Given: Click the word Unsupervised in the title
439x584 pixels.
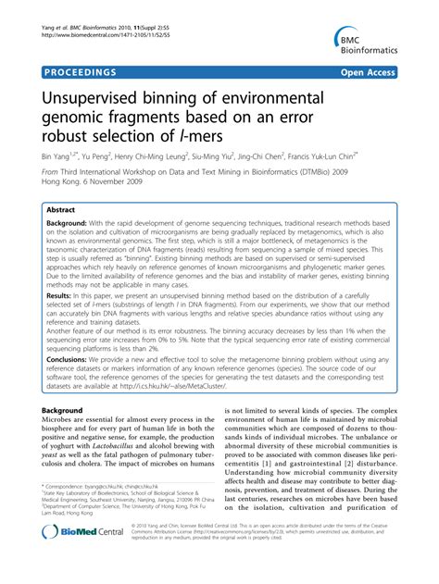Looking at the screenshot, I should pyautogui.click(x=99, y=97).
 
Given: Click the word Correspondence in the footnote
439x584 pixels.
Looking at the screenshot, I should pyautogui.click(x=71, y=512).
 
